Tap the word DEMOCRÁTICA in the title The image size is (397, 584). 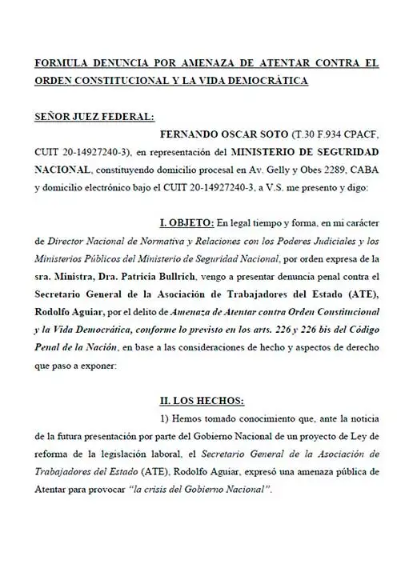pyautogui.click(x=263, y=81)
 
